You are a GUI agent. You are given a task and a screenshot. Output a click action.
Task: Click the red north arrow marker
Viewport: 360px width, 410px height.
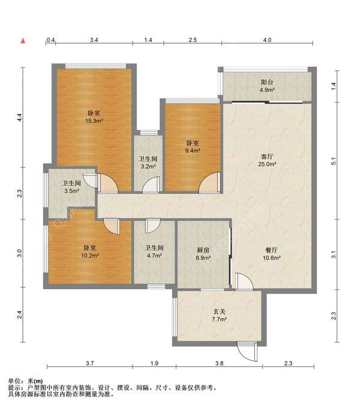pos(23,41)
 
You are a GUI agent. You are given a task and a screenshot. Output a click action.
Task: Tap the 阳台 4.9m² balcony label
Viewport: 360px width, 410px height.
pos(267,86)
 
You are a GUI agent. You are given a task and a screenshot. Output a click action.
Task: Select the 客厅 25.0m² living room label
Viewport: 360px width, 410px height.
pos(267,160)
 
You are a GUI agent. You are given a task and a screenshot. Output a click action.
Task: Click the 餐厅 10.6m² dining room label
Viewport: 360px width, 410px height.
pos(272,254)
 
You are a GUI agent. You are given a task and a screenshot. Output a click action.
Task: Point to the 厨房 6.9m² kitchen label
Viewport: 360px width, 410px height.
pos(203,254)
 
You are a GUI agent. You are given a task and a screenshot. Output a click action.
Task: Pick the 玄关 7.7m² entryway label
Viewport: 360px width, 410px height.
pos(219,315)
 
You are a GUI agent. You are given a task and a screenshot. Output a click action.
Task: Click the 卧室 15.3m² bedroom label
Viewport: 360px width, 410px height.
pos(94,117)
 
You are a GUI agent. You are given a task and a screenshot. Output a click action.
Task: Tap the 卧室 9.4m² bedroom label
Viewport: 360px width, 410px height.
pos(193,146)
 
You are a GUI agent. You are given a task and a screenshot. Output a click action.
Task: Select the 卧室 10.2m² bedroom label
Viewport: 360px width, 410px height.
pos(89,252)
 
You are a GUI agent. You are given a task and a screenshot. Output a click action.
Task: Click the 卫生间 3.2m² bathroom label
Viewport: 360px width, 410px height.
pos(148,162)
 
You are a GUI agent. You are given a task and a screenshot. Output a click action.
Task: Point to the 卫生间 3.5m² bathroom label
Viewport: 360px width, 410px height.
pos(71,187)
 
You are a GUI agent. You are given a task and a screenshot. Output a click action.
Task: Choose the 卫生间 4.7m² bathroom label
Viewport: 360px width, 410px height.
pos(154,252)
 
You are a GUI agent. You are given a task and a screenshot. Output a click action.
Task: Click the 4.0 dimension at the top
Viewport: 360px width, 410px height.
pos(267,40)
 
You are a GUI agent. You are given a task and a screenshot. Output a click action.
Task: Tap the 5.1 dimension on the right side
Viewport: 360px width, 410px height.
pos(334,161)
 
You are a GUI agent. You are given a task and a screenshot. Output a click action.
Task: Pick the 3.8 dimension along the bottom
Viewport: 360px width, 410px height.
pos(219,363)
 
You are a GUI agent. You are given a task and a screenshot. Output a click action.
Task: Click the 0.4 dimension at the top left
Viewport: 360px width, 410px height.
pos(50,40)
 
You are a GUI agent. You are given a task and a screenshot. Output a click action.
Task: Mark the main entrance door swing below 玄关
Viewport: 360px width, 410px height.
pos(247,352)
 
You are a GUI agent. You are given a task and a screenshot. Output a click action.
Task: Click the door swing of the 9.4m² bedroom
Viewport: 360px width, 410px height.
pos(209,182)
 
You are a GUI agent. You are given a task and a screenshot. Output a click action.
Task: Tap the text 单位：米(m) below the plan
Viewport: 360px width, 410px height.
pos(25,381)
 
